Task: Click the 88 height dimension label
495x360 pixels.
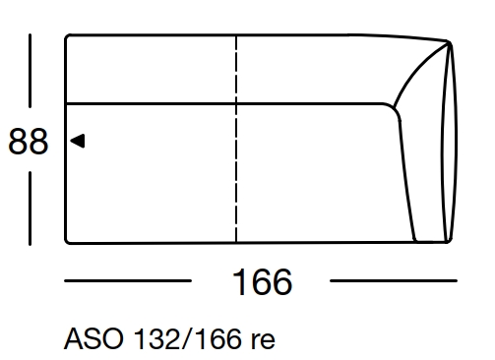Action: coord(28,142)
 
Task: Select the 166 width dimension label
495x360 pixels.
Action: coord(262,282)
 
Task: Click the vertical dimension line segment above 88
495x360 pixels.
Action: coord(30,74)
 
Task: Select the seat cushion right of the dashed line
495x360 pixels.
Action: coord(315,172)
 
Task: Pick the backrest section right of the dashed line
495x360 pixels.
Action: coord(315,69)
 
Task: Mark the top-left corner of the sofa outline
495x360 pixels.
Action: coord(67,37)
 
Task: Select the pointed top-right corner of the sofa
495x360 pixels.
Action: coord(449,43)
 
